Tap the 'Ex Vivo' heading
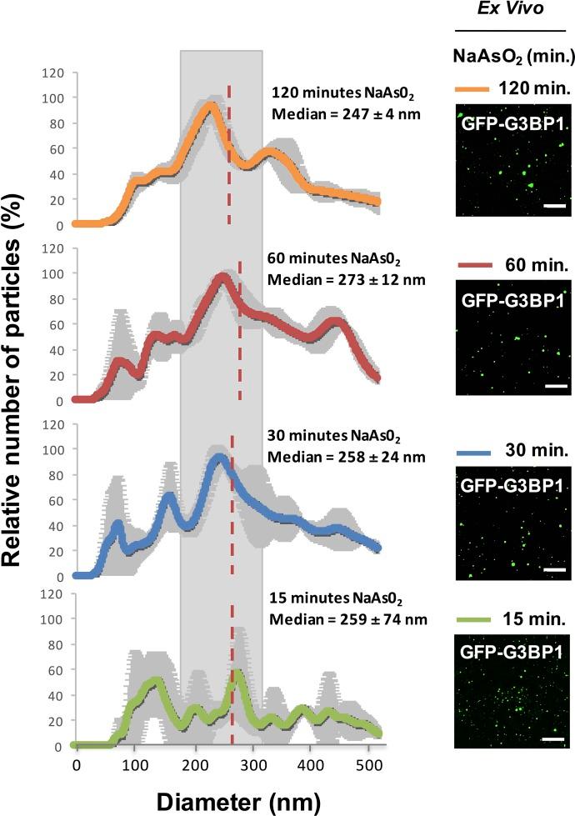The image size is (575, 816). click(x=512, y=10)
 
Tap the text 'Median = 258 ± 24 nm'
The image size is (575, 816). click(x=347, y=457)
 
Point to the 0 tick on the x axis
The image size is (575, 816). click(x=77, y=761)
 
